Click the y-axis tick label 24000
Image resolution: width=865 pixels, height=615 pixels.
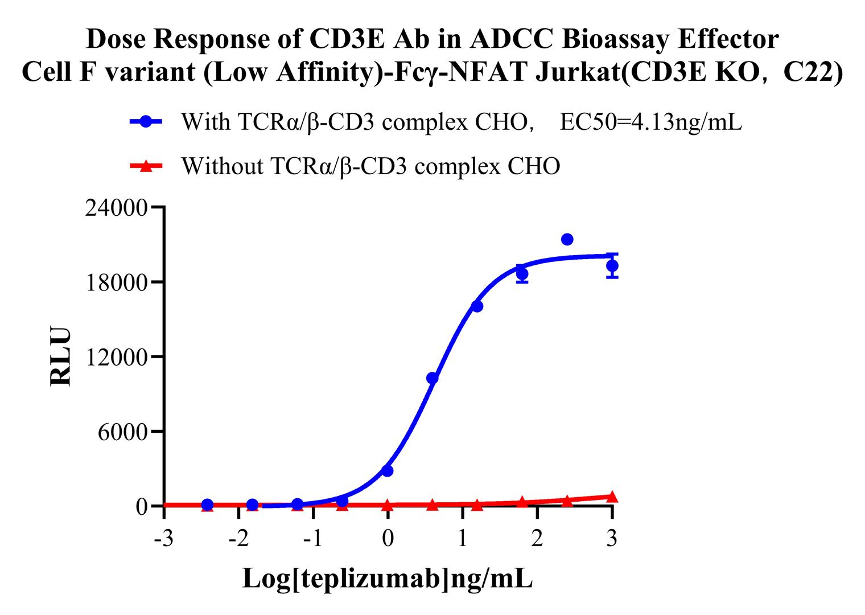tap(116, 208)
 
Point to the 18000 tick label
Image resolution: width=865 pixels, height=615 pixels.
tap(116, 283)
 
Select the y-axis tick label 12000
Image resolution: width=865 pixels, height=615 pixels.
tap(116, 358)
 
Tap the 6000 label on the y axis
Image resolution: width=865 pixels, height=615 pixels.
tap(122, 432)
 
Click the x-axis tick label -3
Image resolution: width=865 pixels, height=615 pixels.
tap(164, 538)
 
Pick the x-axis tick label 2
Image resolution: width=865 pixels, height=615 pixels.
tap(537, 538)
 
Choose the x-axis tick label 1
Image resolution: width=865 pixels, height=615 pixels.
tap(463, 538)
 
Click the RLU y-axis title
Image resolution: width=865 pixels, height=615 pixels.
tap(61, 356)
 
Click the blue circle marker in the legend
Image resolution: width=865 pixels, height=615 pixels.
tap(146, 122)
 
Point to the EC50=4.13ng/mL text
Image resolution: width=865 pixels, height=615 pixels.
tap(651, 122)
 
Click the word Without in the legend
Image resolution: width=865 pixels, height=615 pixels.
tap(223, 166)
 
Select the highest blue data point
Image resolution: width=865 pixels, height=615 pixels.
tap(567, 240)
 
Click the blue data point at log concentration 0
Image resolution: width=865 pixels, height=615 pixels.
tap(388, 471)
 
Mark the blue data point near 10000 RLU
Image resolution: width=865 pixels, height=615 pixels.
tap(432, 378)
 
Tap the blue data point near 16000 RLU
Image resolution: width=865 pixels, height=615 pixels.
tap(477, 306)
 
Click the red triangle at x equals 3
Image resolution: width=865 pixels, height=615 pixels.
tap(612, 497)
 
